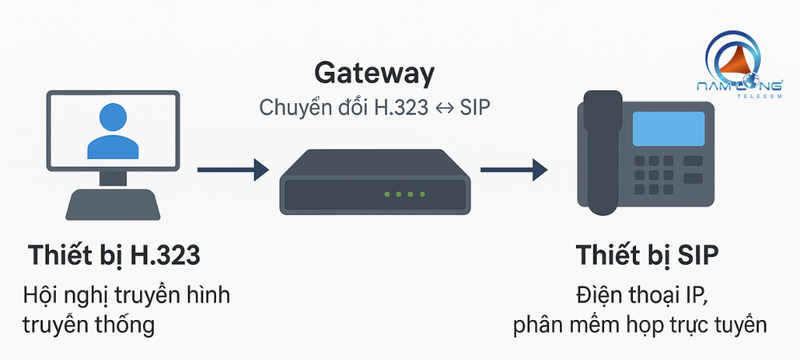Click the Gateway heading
pos(374,73)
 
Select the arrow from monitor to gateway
pos(232,169)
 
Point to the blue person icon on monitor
pos(112,132)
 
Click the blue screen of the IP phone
pos(668,129)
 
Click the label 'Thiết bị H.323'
pos(114,255)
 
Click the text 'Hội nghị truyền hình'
pos(126,295)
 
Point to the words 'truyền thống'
pos(89,325)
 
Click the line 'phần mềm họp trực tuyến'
pos(640,326)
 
